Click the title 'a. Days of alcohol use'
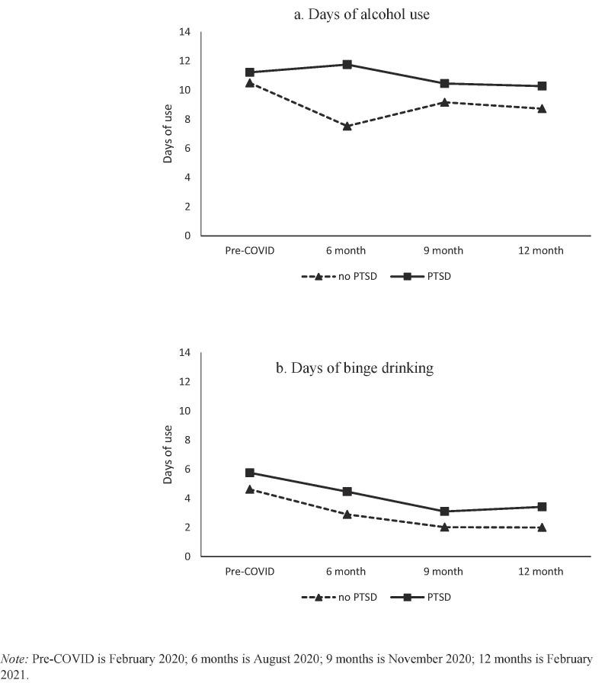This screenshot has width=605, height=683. click(x=362, y=14)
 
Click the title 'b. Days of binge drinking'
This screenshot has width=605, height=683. click(x=354, y=368)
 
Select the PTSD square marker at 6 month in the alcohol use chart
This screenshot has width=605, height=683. click(x=347, y=64)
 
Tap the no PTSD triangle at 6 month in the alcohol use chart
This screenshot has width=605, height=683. click(x=347, y=126)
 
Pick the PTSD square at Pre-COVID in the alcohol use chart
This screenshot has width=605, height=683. click(x=249, y=72)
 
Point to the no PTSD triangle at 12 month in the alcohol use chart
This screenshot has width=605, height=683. click(x=542, y=108)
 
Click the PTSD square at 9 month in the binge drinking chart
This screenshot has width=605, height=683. click(x=444, y=511)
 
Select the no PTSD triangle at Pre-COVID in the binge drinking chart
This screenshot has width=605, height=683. click(x=249, y=489)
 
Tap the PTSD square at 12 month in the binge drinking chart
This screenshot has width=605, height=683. click(x=542, y=506)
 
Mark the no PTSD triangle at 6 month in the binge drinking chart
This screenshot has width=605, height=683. click(x=347, y=515)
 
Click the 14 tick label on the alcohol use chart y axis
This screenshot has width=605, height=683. click(x=184, y=32)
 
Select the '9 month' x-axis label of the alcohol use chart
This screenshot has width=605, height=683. click(x=444, y=251)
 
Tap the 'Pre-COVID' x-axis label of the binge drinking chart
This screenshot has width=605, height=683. click(x=249, y=572)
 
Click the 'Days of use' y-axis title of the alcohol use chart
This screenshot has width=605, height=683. click(x=168, y=133)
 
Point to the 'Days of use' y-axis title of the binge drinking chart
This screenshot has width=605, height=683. click(x=168, y=454)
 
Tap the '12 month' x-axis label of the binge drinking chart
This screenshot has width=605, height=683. click(x=542, y=572)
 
